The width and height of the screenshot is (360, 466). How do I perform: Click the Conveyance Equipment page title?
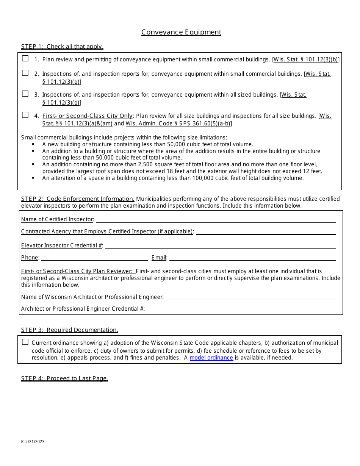click(x=181, y=32)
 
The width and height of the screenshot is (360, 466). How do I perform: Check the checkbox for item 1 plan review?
click(x=25, y=59)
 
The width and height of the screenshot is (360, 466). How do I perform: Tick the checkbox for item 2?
click(x=25, y=73)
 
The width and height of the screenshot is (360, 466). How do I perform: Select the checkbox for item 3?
click(x=25, y=94)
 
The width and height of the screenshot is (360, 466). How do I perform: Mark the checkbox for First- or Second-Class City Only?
click(x=25, y=115)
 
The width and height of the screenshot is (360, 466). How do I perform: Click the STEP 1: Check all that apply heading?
click(x=62, y=47)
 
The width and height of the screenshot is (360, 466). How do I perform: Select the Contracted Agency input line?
click(x=266, y=231)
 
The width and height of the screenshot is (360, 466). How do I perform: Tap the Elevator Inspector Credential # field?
click(x=220, y=246)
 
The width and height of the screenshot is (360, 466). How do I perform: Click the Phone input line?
click(x=94, y=258)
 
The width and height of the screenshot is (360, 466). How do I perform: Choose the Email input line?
click(x=252, y=258)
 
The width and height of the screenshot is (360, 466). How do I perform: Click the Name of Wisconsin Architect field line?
click(x=250, y=297)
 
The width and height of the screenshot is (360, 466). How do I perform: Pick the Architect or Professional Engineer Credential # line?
click(x=241, y=309)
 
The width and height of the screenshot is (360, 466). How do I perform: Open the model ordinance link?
click(x=211, y=358)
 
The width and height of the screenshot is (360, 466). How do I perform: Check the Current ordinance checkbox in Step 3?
click(x=25, y=342)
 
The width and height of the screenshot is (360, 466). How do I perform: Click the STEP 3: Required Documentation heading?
click(x=69, y=330)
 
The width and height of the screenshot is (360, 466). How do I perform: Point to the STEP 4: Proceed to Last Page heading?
click(x=64, y=378)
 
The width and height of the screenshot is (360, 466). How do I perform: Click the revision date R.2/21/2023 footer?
click(x=33, y=442)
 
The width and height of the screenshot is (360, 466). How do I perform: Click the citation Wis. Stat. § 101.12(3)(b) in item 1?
click(x=305, y=59)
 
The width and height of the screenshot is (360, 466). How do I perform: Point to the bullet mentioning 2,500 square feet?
click(x=182, y=167)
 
